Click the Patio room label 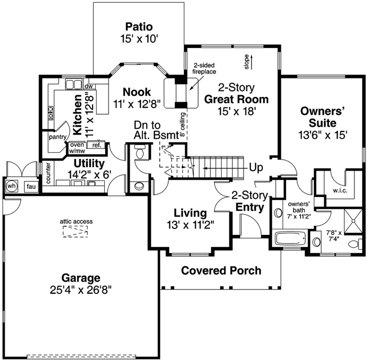139,26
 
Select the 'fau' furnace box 30,186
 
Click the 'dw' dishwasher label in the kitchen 89,87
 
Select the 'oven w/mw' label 77,147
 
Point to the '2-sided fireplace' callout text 204,68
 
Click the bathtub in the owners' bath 289,237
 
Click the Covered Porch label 221,270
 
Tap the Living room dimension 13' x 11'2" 191,225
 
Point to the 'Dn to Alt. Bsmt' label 156,130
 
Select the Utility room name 89,164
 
